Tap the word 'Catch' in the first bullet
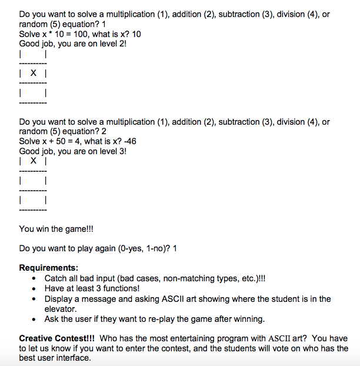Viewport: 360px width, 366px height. pyautogui.click(x=56, y=278)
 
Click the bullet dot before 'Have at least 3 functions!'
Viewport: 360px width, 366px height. pyautogui.click(x=36, y=288)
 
